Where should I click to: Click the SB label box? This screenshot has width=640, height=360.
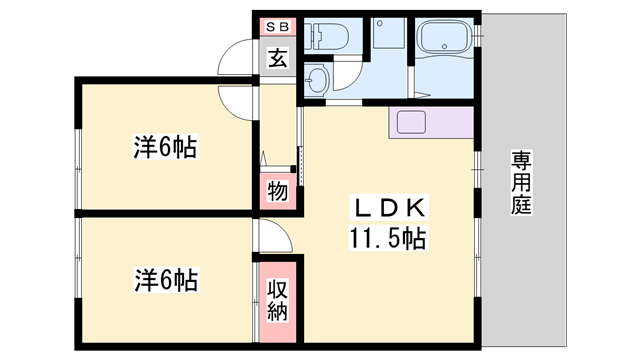point(278,27)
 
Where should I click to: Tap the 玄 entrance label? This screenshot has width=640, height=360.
point(278,58)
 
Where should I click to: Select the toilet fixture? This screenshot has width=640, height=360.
point(327,36)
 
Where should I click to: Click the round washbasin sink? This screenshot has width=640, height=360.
point(317,79)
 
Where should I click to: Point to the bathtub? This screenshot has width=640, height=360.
point(444,38)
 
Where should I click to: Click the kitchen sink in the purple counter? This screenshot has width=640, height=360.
point(412,122)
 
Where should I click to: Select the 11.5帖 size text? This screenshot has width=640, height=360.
point(388,238)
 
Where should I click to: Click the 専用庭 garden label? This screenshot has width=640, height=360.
point(521,182)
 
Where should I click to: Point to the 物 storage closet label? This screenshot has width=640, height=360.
point(278,191)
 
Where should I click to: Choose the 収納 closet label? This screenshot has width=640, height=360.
point(278,301)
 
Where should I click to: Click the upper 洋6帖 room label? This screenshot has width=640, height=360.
point(165,147)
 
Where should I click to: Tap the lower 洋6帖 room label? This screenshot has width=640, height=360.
point(167,280)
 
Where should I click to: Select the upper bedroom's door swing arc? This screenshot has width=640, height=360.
point(228,109)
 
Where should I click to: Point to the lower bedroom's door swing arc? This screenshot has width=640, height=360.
point(283,229)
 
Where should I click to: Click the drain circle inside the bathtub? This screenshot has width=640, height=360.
point(444,47)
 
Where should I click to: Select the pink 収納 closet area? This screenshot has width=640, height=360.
point(278,302)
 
